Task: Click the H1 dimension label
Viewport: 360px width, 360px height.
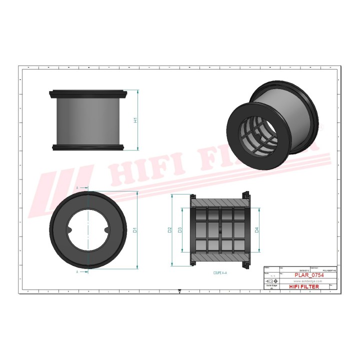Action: (135, 120)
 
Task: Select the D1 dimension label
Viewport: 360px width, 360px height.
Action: (135, 230)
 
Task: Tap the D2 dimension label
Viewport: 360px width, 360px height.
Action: (170, 230)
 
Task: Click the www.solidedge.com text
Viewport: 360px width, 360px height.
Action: (304, 281)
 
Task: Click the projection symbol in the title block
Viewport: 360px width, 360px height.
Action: (273, 281)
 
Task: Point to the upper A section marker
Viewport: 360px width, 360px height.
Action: (77, 187)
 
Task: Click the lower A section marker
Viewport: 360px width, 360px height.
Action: (77, 272)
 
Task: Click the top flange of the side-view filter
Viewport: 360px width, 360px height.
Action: (87, 92)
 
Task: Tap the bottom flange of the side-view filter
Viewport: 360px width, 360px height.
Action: (87, 147)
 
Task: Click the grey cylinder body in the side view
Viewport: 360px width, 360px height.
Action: (87, 120)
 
